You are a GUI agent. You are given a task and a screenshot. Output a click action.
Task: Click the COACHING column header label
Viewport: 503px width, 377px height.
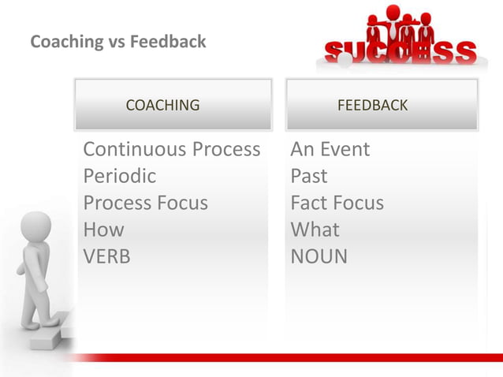click(x=162, y=104)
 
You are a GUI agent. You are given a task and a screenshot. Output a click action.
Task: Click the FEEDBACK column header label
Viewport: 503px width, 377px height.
click(x=372, y=104)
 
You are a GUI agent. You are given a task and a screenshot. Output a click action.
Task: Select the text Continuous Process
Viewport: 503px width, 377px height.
click(x=171, y=149)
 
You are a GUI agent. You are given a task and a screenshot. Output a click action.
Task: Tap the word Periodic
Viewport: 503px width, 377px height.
click(x=119, y=176)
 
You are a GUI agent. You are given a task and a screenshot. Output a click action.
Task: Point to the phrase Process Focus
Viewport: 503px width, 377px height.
click(x=145, y=203)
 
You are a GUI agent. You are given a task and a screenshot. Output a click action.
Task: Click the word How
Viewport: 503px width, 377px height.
click(x=103, y=230)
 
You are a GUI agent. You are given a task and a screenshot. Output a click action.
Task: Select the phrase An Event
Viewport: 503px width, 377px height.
click(x=330, y=149)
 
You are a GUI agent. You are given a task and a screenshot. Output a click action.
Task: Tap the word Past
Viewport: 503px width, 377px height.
click(x=308, y=176)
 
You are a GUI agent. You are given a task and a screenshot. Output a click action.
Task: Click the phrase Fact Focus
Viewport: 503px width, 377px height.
click(x=337, y=203)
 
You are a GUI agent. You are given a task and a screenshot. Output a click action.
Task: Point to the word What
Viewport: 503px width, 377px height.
click(x=315, y=230)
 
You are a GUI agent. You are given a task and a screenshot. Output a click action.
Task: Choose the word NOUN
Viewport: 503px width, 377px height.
click(x=319, y=256)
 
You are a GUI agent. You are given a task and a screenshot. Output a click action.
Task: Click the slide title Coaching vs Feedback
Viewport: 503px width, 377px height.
click(x=117, y=41)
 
